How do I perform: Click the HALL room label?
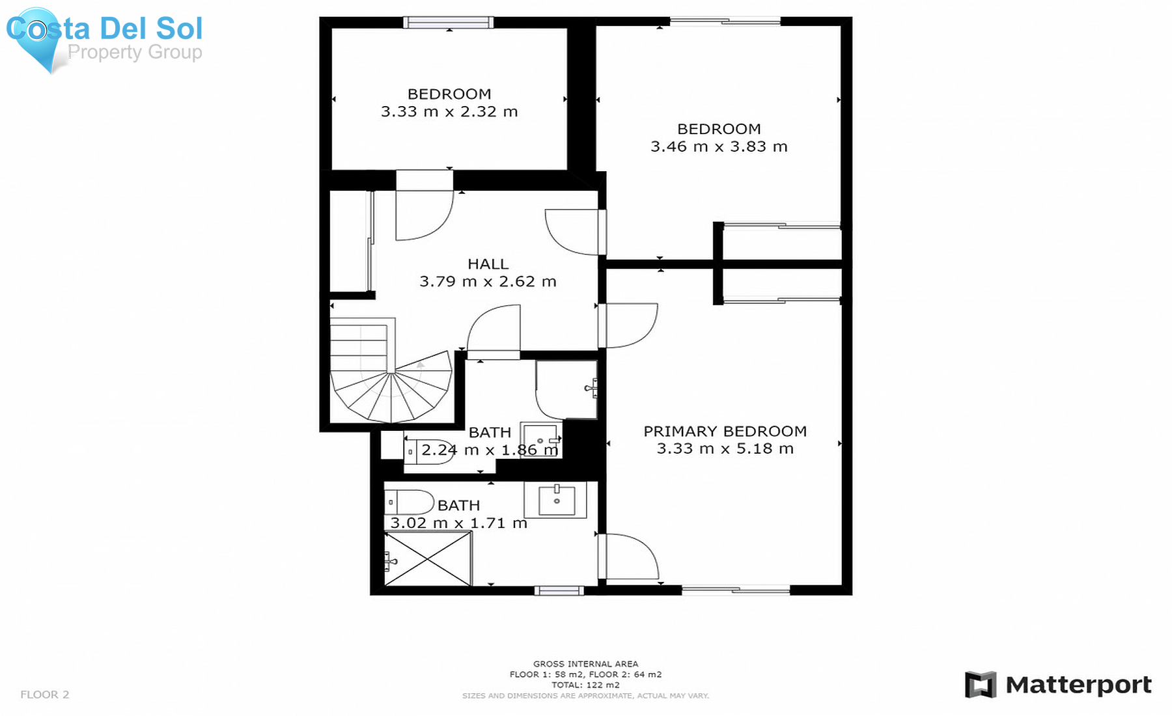click(x=488, y=264)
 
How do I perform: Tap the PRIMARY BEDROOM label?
click(x=725, y=431)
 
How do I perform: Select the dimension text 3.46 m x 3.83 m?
click(x=719, y=146)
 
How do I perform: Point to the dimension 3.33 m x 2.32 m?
click(x=449, y=111)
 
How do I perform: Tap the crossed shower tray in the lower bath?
click(x=428, y=558)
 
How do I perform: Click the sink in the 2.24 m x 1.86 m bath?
click(x=541, y=440)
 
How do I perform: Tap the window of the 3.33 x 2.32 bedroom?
click(x=449, y=23)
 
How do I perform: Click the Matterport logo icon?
click(x=981, y=685)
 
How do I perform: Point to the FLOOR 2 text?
click(x=44, y=695)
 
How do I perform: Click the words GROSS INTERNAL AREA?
click(x=585, y=664)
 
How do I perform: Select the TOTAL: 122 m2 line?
click(x=585, y=685)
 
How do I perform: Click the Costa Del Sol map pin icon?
click(x=38, y=38)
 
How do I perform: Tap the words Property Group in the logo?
click(x=135, y=52)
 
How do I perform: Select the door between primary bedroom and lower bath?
click(x=628, y=557)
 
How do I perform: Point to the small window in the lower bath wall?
click(x=559, y=590)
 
